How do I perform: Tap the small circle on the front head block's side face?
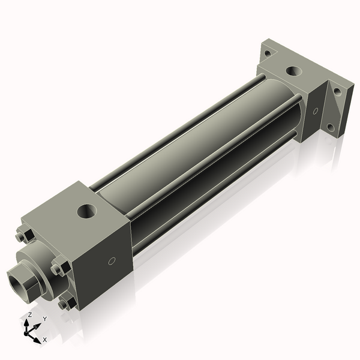coord(111,262)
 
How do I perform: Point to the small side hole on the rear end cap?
coord(316,110)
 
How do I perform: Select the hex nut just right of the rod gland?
coord(58,268)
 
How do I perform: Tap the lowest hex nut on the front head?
coord(65,304)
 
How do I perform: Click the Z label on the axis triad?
coord(29,315)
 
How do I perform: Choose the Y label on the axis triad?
coord(44,319)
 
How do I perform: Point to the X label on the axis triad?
coord(44,340)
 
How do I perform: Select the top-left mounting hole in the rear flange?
coord(267,53)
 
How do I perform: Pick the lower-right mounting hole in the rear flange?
coord(330,127)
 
